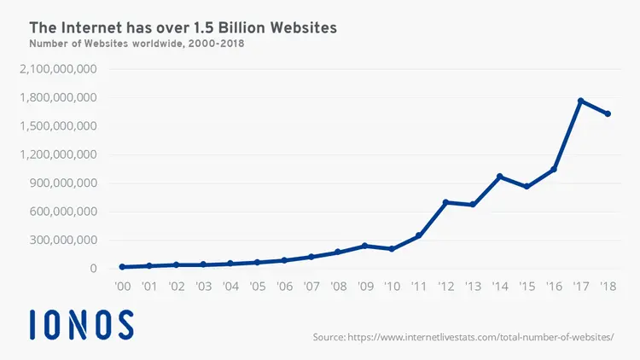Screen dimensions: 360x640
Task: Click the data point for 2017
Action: point(581,101)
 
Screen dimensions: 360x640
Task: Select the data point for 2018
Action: point(608,113)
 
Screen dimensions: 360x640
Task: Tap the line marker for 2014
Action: point(500,177)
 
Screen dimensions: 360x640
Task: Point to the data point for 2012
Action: point(445,202)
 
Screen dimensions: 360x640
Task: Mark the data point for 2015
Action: point(527,187)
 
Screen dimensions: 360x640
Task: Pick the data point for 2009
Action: point(364,246)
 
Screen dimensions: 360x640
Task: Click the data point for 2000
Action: point(122,267)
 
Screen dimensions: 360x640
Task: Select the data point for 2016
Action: point(554,169)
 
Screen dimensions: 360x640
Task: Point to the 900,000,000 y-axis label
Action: point(64,183)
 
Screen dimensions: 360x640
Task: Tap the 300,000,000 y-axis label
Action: point(64,240)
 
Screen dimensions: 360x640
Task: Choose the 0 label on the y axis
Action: point(93,269)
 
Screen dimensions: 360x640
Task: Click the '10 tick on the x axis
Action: point(392,287)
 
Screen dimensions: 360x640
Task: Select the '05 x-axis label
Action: point(257,287)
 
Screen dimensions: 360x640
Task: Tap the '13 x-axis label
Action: point(473,287)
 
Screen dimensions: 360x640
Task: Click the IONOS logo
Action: point(81,325)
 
